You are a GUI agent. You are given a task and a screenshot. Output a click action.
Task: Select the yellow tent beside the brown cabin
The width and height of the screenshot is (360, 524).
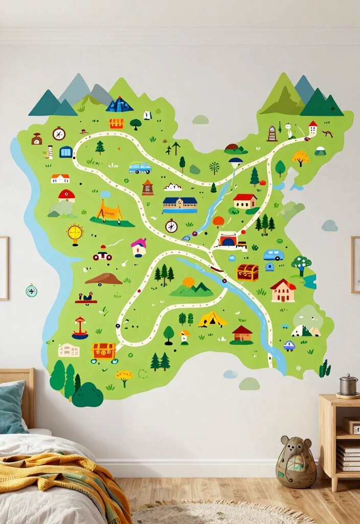tap(212, 319)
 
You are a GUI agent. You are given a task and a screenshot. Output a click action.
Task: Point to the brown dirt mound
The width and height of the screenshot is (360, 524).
tap(104, 279)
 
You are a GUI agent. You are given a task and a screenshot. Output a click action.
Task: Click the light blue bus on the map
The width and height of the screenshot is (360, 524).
tap(140, 168)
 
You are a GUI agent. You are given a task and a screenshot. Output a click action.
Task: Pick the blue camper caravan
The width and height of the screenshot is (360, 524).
tap(274, 254)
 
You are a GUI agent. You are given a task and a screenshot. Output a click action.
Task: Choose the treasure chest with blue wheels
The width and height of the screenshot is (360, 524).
tap(104, 352)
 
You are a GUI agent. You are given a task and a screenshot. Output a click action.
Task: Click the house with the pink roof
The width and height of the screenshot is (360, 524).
tap(139, 247)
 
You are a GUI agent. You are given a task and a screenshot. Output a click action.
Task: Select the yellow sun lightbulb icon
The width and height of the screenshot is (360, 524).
tap(75, 233)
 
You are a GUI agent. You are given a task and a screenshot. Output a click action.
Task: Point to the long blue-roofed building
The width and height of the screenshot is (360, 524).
tap(180, 205)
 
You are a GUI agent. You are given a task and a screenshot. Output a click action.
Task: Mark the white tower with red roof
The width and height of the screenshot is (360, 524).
tap(312, 128)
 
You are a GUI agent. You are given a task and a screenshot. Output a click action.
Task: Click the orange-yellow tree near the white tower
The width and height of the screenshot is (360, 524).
tap(300, 157)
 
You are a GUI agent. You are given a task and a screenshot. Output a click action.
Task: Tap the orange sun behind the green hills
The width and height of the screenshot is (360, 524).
tap(188, 282)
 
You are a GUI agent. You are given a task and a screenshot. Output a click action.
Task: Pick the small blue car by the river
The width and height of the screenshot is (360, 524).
tap(289, 345)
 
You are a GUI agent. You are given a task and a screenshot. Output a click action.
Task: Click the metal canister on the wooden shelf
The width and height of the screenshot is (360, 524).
tap(348, 385)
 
